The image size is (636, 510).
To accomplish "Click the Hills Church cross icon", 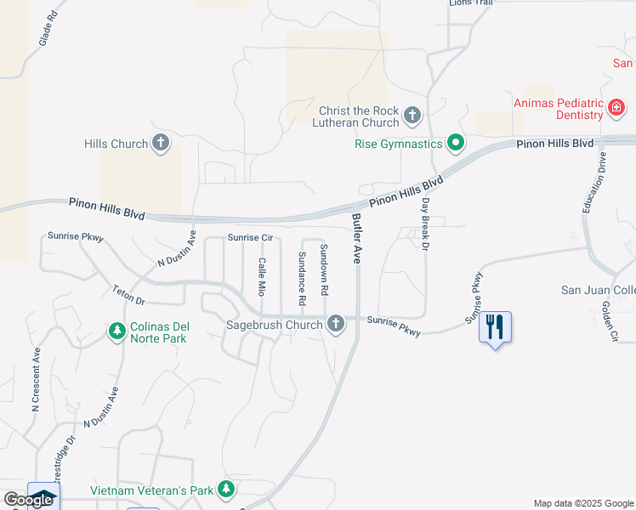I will click(161, 144).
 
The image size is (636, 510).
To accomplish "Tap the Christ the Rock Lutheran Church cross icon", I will click(412, 115).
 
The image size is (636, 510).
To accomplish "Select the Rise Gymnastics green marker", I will click(456, 143).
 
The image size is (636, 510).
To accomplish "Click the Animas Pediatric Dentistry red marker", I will click(616, 108).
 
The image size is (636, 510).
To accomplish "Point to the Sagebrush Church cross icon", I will click(336, 324).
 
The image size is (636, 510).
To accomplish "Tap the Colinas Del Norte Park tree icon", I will click(118, 329).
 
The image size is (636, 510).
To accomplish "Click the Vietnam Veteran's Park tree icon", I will click(225, 489).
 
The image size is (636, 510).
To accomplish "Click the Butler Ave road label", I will click(356, 238).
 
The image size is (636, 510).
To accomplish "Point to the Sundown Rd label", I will click(324, 269).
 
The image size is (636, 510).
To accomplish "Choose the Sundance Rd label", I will click(302, 279).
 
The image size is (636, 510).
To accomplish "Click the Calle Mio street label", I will click(263, 275).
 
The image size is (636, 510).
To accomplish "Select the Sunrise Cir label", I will click(249, 238).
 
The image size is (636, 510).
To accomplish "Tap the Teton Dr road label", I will click(128, 295).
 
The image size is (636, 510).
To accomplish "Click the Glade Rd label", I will click(48, 29).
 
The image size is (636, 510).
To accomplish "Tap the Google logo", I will click(28, 500).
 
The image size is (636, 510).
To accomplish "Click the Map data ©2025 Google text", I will click(582, 503).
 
